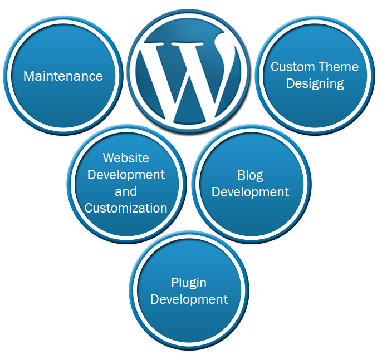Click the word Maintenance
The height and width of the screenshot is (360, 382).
click(63, 76)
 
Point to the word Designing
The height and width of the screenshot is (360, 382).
click(315, 84)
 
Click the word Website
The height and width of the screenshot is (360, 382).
click(126, 158)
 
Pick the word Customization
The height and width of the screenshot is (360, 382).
click(126, 208)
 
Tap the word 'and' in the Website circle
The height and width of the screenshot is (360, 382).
click(126, 191)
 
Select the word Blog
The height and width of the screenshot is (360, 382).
click(250, 176)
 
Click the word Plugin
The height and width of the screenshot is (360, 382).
click(189, 283)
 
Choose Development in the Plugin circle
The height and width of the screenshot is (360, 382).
click(189, 299)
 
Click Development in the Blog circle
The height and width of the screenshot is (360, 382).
click(250, 193)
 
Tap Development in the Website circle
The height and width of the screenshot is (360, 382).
click(126, 175)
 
